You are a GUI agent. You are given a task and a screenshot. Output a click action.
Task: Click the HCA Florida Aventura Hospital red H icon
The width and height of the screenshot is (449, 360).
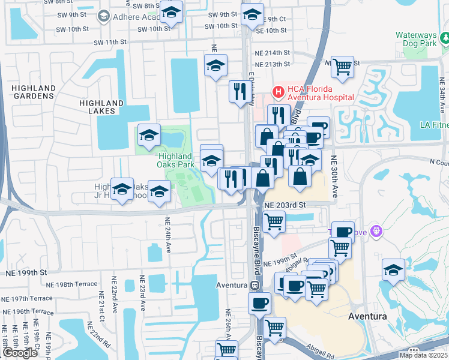279,92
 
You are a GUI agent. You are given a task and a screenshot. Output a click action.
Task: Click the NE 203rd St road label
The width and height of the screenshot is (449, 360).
285,205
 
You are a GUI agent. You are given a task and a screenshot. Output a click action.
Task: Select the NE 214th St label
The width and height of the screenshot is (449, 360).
272,53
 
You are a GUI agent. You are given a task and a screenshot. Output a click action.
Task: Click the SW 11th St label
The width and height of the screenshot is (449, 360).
111,43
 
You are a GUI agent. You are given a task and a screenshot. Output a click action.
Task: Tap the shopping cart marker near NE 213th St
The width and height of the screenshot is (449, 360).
342,67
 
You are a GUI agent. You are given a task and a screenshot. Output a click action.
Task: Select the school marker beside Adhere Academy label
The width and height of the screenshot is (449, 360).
171,12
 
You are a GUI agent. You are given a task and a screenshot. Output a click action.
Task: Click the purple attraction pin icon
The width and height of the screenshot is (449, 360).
376,230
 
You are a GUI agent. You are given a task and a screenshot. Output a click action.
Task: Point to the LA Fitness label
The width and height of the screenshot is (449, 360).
434,125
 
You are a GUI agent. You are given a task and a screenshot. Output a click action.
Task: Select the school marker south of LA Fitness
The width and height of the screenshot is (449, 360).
393,270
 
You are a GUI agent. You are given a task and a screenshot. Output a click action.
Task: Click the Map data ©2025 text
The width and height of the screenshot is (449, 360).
423,355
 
